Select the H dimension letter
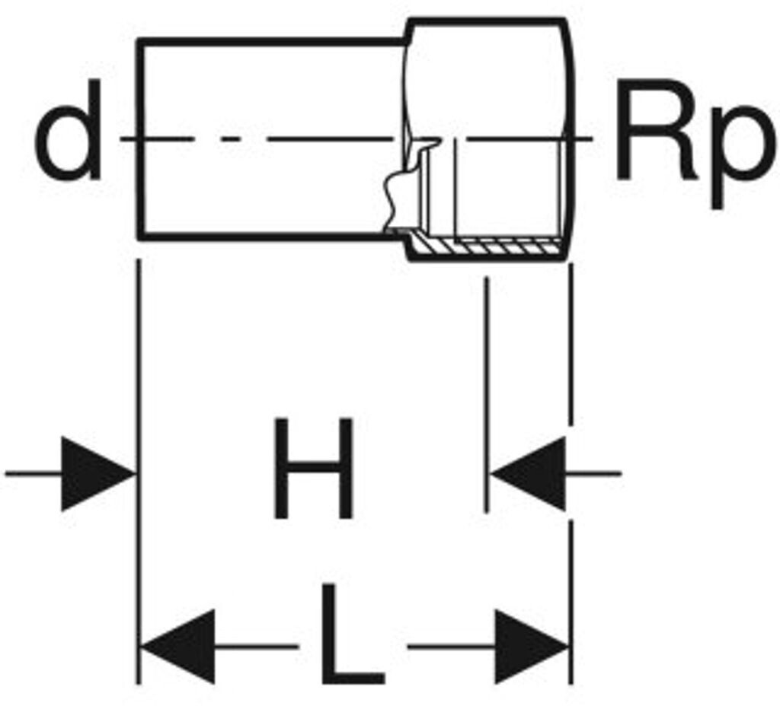(x=313, y=469)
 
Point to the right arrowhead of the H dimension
(x=529, y=473)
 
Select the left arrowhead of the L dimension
(x=179, y=647)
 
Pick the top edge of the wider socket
(x=487, y=21)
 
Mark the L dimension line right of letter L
(x=449, y=647)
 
